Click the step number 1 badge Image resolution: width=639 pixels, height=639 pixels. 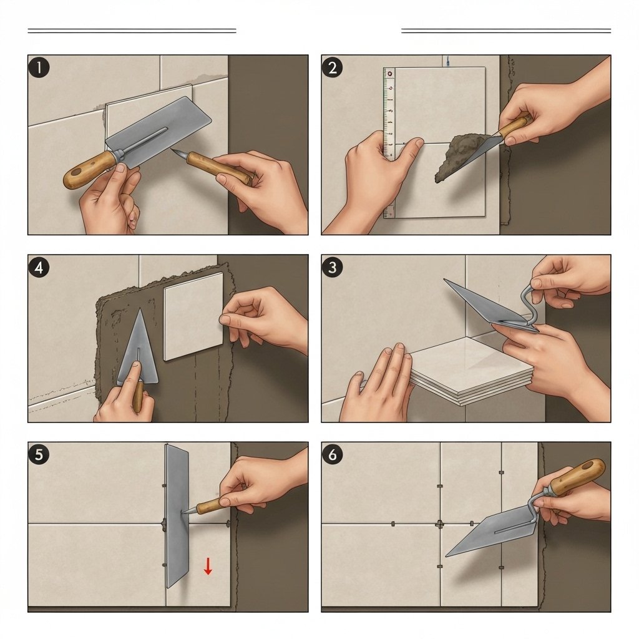pyautogui.click(x=39, y=67)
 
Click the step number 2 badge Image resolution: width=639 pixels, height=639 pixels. pyautogui.click(x=332, y=67)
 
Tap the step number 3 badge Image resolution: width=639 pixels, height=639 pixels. pyautogui.click(x=332, y=267)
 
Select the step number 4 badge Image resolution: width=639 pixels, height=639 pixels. pyautogui.click(x=39, y=267)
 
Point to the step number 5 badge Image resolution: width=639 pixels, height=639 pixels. pyautogui.click(x=39, y=454)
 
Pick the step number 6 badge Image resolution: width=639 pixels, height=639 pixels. pyautogui.click(x=332, y=454)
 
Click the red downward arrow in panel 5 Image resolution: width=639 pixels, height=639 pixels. pyautogui.click(x=208, y=566)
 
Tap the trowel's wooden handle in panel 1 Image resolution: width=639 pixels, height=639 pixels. pyautogui.click(x=90, y=170)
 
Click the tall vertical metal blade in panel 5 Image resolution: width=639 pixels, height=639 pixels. pyautogui.click(x=177, y=515)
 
